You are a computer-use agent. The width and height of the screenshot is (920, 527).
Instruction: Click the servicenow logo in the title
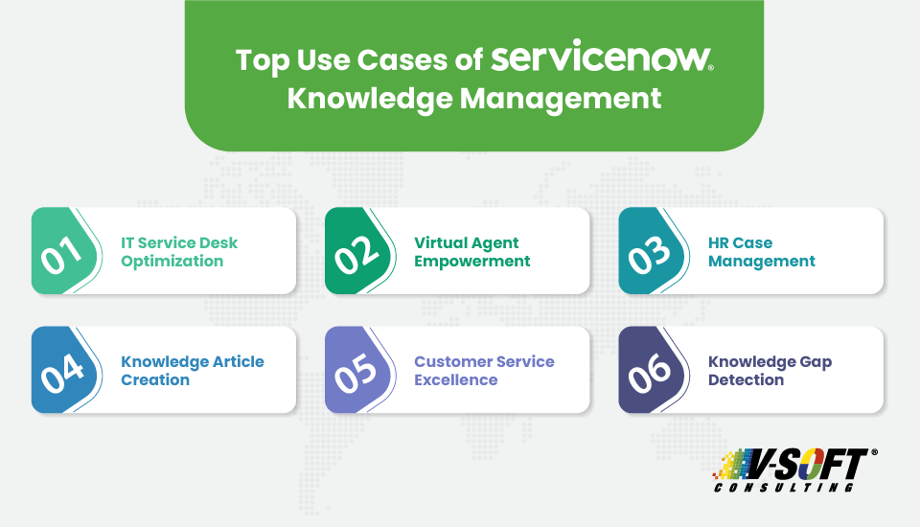point(602,59)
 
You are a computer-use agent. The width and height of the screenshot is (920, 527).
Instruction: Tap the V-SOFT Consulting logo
point(794,470)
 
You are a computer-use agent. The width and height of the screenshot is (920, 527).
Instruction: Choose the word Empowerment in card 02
point(471,261)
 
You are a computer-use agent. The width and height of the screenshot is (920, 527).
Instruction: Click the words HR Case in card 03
point(740,242)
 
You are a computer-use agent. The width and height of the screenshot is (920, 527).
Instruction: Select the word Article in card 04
point(233,362)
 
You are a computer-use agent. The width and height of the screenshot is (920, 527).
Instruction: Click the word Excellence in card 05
point(455,380)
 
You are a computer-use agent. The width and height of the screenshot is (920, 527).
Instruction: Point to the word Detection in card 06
point(746,380)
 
